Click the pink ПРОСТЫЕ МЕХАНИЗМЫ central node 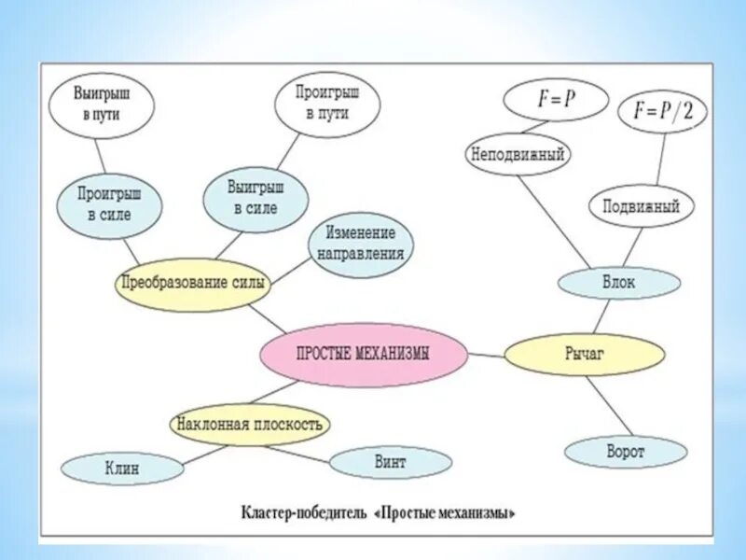coord(365,354)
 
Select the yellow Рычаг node coord(585,354)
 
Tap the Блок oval coord(618,283)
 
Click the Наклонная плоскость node coord(250,425)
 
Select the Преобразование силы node coord(192,283)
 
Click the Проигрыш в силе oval coord(108,206)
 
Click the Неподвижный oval coord(518,154)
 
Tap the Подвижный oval coord(641,207)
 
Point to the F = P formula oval coord(556,100)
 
